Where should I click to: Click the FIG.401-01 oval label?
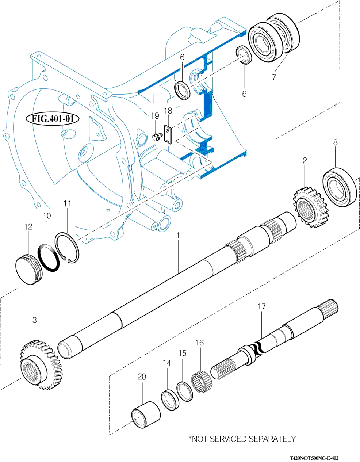53,119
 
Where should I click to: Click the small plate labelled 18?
168,134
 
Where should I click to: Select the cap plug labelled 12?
29,270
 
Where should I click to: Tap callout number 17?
261,307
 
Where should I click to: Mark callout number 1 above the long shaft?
178,236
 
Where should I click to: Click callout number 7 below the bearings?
274,77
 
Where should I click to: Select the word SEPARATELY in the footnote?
272,439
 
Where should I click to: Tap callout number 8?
335,142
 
